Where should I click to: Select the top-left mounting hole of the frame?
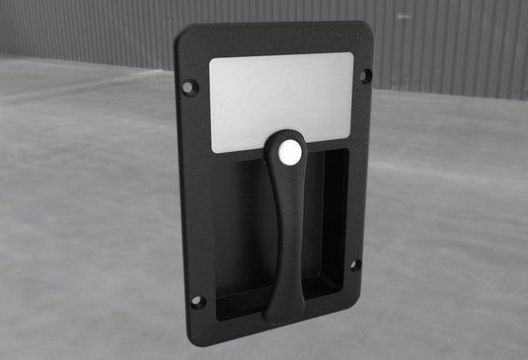(189, 87)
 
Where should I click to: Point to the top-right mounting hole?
(365, 75)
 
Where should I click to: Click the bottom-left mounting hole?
(196, 301)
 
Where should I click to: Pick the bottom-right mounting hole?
(355, 264)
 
